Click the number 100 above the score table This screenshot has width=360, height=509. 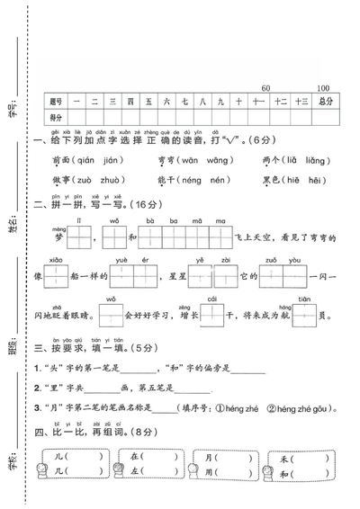pos(323,88)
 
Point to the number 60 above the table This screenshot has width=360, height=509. pos(265,88)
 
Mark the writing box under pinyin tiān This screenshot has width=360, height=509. pos(304,316)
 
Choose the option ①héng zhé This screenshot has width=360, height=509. pos(237,409)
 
